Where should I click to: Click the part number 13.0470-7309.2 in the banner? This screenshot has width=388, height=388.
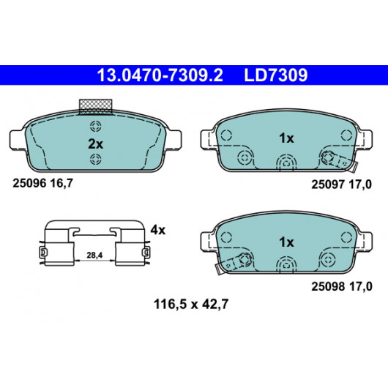pos(160,75)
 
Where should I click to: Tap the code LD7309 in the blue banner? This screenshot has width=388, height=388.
pos(276,75)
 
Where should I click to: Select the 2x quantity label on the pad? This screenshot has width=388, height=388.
pos(95,143)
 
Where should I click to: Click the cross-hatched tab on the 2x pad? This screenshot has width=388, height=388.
pos(95,107)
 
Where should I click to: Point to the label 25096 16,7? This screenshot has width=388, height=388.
pos(42,183)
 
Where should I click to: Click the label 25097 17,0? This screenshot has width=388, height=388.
pos(341,184)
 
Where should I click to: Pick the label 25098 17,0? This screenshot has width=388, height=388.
pos(341,286)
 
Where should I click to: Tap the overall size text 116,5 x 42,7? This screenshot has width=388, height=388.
pos(191,304)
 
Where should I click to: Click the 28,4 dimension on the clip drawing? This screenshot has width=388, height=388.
pos(94,255)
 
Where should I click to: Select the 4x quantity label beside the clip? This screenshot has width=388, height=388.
pos(158,231)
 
